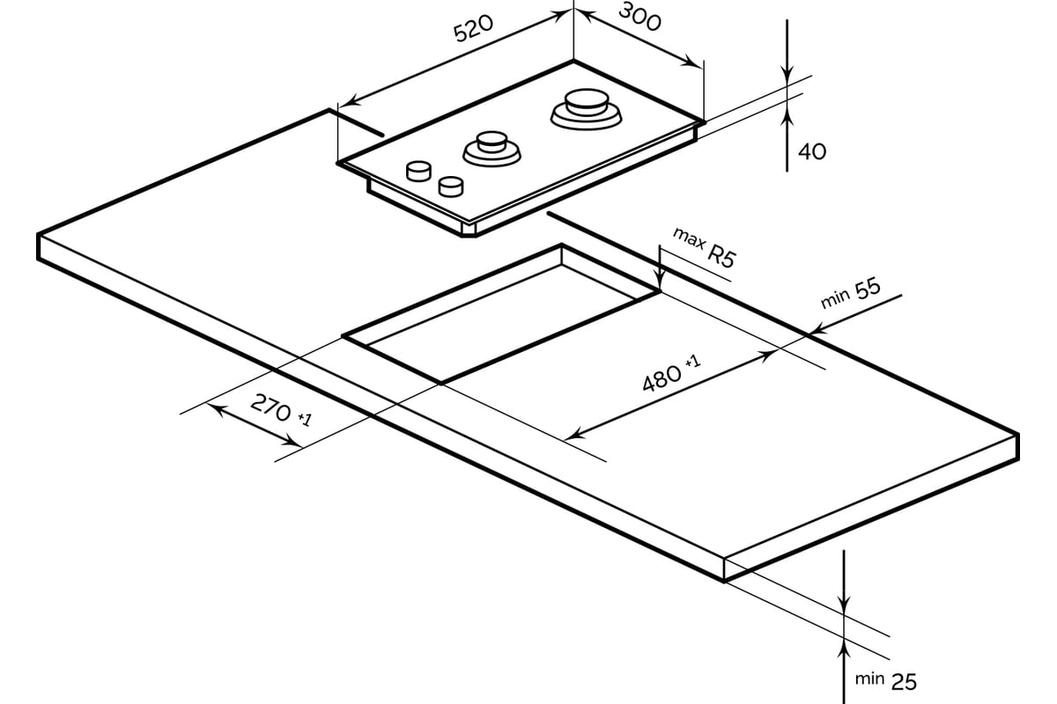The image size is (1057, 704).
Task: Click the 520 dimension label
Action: pyautogui.click(x=473, y=28)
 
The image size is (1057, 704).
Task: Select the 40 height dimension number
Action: pyautogui.click(x=812, y=152)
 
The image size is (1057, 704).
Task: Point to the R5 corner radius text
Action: pyautogui.click(x=721, y=257)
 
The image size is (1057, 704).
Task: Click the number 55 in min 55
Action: pyautogui.click(x=869, y=289)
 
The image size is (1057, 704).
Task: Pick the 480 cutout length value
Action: pyautogui.click(x=662, y=378)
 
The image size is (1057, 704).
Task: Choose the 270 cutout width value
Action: pyautogui.click(x=271, y=407)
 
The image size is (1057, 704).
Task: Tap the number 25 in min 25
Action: pyautogui.click(x=904, y=682)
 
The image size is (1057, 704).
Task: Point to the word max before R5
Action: pyautogui.click(x=689, y=238)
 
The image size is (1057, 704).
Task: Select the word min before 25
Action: pyautogui.click(x=869, y=678)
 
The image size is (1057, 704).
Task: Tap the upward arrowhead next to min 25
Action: pyautogui.click(x=844, y=649)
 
